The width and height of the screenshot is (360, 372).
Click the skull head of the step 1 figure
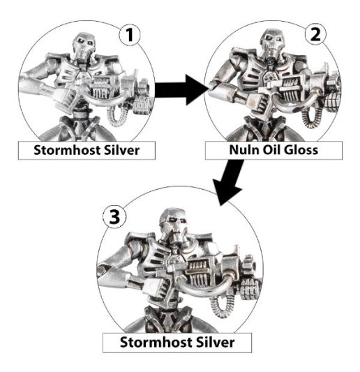click(82, 50)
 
